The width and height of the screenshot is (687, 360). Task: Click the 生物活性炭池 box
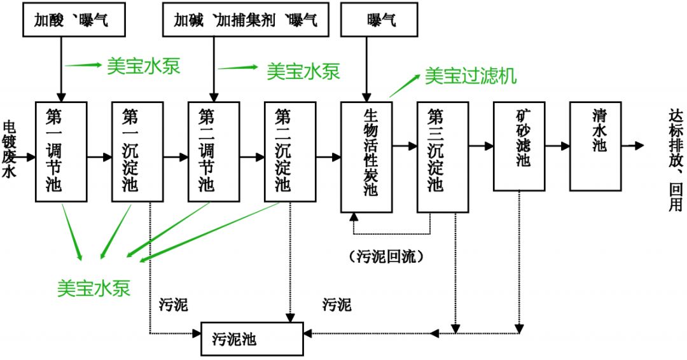point(366,156)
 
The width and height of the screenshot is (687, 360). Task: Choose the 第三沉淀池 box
point(442,156)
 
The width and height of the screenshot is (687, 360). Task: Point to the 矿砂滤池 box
point(519,145)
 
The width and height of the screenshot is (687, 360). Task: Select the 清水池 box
point(595,145)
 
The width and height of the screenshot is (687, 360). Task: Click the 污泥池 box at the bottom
point(252,338)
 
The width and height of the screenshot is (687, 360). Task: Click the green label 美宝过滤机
point(471,76)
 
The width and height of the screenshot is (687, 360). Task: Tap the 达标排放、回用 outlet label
point(675,159)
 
